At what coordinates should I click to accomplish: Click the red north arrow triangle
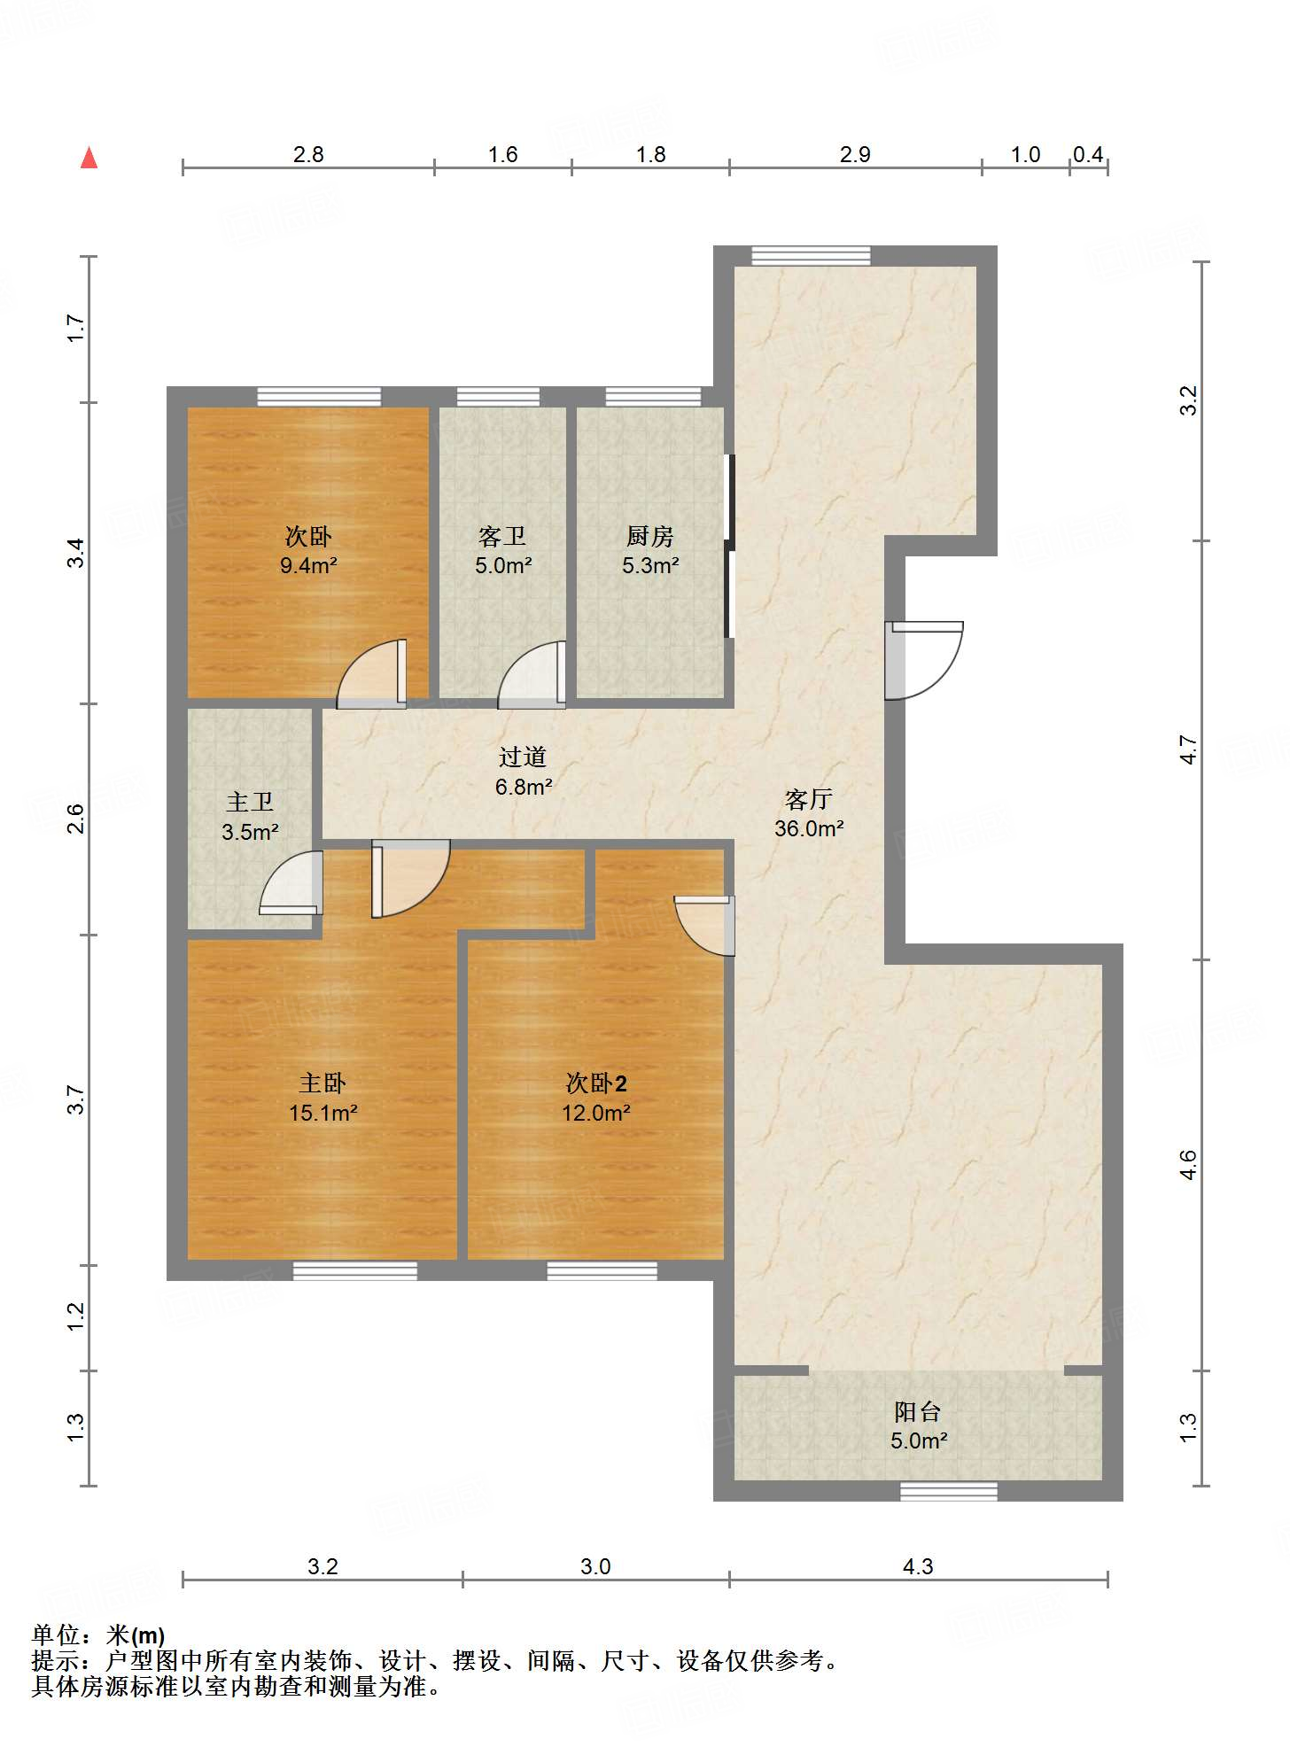coord(89,158)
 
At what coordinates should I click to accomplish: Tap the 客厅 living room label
coord(809,799)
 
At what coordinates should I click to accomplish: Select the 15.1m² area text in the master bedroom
coord(322,1113)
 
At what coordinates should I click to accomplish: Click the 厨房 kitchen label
coord(650,536)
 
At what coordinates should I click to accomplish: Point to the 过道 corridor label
coord(523,757)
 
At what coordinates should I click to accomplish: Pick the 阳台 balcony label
coord(918,1411)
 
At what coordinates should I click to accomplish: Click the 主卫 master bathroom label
coord(250,802)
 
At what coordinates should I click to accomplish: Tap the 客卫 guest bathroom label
coord(502,536)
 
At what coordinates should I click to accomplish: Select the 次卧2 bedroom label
coord(596,1083)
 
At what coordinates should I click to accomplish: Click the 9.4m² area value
coord(308,565)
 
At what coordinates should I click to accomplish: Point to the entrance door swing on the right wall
coord(924,661)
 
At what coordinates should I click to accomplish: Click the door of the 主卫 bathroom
coord(291,882)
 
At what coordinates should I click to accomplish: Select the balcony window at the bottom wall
coord(949,1492)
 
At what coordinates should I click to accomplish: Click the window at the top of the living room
coord(812,256)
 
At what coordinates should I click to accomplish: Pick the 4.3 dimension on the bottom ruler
coord(918,1566)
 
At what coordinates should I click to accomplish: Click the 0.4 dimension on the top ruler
coord(1088,155)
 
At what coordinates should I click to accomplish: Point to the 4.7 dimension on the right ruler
coord(1188,750)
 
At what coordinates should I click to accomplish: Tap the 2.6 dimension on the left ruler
coord(76,819)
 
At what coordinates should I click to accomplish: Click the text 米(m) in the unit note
coord(136,1635)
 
